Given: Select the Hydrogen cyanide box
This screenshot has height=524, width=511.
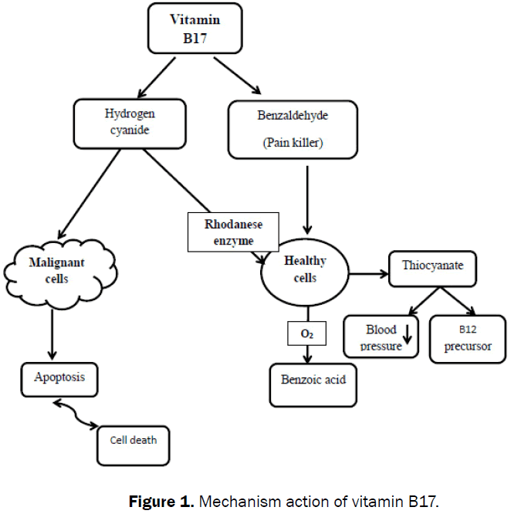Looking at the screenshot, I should [130, 123].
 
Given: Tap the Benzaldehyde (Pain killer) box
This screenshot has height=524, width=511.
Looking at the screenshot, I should [293, 130].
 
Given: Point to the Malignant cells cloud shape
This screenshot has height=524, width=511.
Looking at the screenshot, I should [56, 269].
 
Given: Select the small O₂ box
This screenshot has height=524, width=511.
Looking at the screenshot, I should [306, 333].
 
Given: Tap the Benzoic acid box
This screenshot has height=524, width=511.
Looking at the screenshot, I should [313, 384].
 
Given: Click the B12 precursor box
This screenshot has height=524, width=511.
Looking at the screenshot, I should [461, 338].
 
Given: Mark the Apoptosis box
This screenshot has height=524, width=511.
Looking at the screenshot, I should [59, 378].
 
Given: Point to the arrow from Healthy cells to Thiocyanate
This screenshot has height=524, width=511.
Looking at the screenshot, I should [369, 272].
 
